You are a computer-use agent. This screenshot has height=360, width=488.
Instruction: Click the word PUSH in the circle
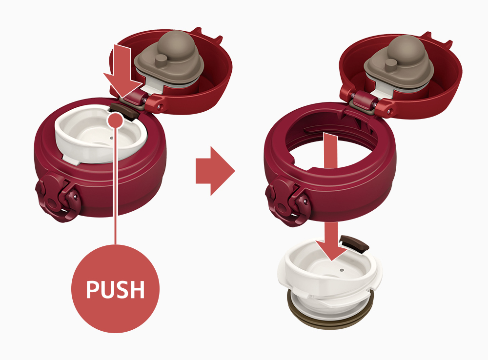coord(115,289)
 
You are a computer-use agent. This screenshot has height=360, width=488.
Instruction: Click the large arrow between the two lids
coord(215,171)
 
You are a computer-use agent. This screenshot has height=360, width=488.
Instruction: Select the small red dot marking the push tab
coord(116,120)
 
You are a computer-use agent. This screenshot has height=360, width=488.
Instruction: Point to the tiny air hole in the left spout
coord(111,138)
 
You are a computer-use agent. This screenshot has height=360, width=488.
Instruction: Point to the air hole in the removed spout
coord(342,270)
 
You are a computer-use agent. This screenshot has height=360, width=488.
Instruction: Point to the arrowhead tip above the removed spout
coord(332,260)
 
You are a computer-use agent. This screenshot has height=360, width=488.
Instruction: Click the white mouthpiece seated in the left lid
coord(100,134)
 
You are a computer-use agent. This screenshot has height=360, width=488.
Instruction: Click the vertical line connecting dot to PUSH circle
coord(116,186)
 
